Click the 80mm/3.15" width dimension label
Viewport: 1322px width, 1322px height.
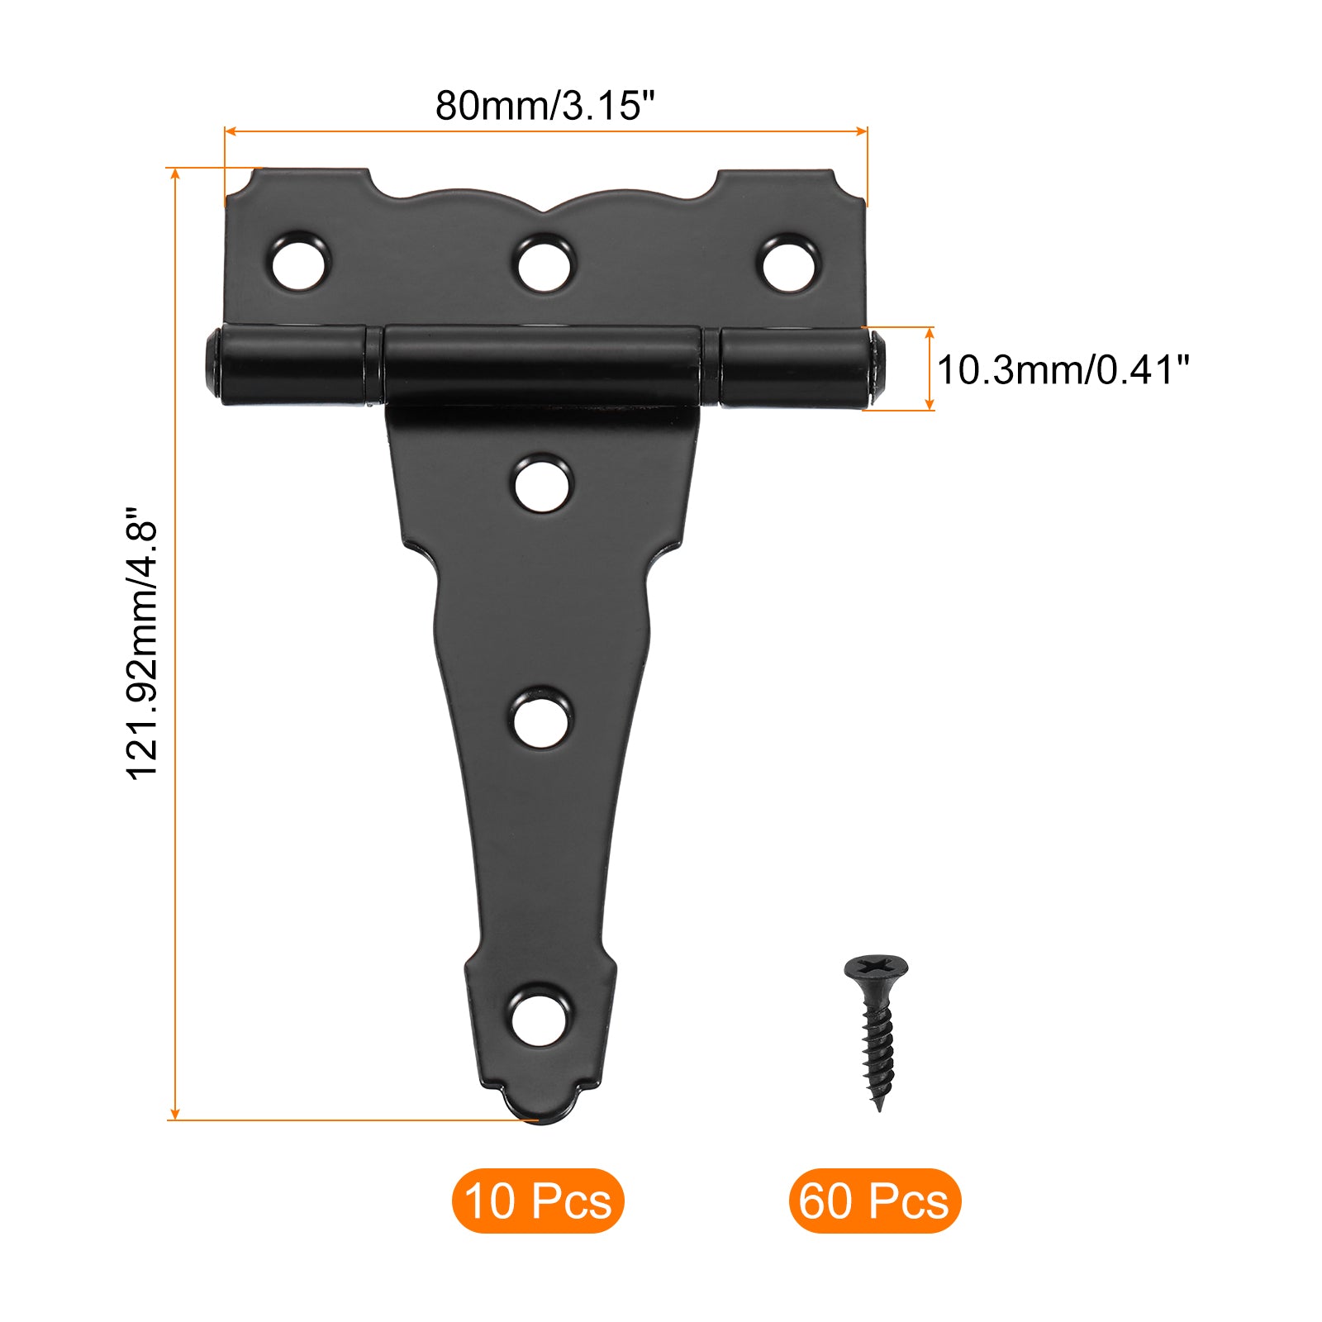(544, 105)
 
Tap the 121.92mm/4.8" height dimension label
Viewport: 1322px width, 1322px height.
(142, 643)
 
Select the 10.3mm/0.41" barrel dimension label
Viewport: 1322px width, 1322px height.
(1063, 369)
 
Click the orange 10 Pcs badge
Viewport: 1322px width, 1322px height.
(538, 1201)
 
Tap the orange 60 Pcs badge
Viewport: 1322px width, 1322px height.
(875, 1201)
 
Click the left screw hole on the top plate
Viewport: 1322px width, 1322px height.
(301, 262)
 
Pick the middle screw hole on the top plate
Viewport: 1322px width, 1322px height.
(544, 264)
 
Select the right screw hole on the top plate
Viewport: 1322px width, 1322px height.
(788, 264)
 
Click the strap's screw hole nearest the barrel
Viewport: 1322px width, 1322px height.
(542, 484)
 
